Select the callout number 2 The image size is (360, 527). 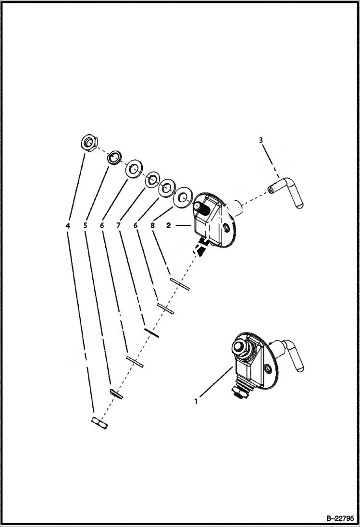pos(168,224)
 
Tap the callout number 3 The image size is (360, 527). pos(261,140)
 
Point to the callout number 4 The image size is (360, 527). pos(68,224)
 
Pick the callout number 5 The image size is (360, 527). pos(85,224)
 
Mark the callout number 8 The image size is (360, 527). pos(153,224)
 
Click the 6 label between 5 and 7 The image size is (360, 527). pos(102,224)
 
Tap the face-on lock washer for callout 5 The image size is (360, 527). pos(114,157)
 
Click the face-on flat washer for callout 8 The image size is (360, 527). pos(183,197)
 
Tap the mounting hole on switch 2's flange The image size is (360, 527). pos(226,227)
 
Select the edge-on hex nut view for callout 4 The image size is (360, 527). pos(100,423)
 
